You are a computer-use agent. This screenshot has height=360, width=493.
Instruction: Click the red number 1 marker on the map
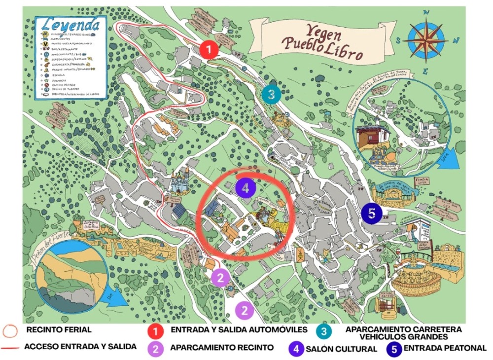pos(210,50)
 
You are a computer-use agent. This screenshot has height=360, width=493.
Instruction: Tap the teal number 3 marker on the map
pos(271,94)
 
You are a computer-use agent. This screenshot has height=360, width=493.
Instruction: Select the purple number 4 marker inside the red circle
pos(246,187)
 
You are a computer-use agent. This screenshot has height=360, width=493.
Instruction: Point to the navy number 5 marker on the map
pos(372,213)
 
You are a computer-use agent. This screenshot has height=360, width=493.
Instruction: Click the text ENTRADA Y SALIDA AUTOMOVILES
pos(239,329)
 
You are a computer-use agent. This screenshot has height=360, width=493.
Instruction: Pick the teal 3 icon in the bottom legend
pos(323,332)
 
